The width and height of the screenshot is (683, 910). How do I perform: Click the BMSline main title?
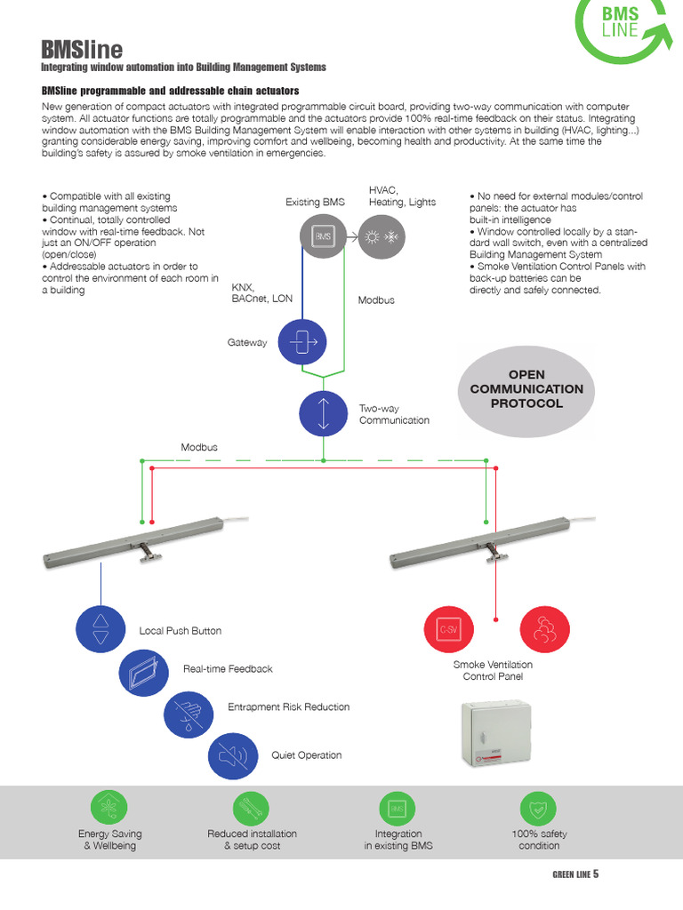pyautogui.click(x=83, y=49)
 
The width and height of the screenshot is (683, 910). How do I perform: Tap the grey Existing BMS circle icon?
pyautogui.click(x=323, y=236)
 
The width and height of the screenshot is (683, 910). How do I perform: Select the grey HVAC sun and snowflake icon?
pyautogui.click(x=381, y=237)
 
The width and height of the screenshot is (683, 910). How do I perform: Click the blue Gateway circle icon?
pyautogui.click(x=302, y=341)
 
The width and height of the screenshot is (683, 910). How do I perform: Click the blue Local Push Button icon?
pyautogui.click(x=100, y=627)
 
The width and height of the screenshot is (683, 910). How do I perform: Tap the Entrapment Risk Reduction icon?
pyautogui.click(x=189, y=713)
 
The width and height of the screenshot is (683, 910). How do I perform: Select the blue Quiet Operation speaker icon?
pyautogui.click(x=232, y=756)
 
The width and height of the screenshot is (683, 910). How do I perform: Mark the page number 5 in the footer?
pyautogui.click(x=596, y=874)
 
